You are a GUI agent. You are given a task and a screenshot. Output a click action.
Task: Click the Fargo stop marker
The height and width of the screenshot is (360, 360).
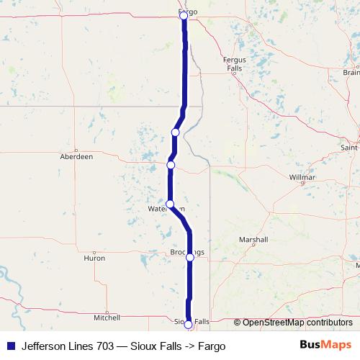coord(184,15)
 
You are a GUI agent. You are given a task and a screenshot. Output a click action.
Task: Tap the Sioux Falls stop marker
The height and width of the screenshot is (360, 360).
coord(189,325)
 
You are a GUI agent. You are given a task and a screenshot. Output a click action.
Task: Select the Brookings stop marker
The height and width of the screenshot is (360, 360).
coord(190,256)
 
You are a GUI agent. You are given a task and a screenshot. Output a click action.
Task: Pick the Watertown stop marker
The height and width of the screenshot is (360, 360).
coord(170,204)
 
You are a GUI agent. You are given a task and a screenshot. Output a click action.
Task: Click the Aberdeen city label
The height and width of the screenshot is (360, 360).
coord(76,156)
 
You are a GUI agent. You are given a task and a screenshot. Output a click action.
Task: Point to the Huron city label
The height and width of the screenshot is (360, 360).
coord(94,258)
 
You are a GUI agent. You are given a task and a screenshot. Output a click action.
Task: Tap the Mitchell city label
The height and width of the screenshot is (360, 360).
coord(107,317)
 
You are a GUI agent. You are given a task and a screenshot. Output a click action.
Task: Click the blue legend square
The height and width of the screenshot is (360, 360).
coord(9,346)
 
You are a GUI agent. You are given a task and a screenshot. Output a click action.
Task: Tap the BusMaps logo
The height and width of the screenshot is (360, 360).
coord(325,346)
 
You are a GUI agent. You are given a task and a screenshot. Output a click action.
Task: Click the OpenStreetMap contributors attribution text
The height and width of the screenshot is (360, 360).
coord(297,323)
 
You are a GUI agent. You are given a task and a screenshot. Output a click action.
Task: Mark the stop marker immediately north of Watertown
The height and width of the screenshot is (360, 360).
coord(171,165)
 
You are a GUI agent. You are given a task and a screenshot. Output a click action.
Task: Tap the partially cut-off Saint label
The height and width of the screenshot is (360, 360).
coord(350,148)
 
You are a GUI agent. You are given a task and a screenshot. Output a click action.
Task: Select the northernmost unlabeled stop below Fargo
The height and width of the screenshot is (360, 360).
coord(175,132)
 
